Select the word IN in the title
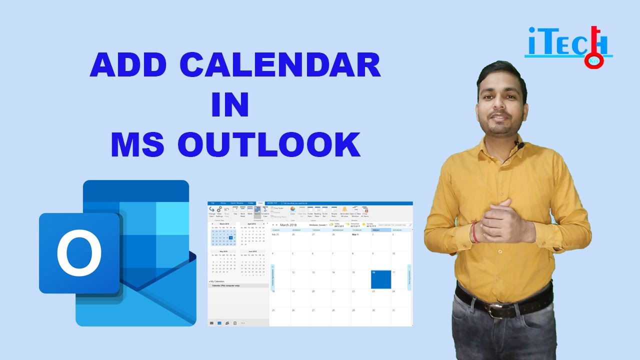point(230,104)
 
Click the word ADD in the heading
point(127,65)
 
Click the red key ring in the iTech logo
point(593,60)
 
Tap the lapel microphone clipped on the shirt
point(520,145)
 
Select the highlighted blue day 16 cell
point(380,279)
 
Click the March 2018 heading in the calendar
point(292,225)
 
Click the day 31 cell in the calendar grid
point(400,317)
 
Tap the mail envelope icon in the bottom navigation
point(212,323)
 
